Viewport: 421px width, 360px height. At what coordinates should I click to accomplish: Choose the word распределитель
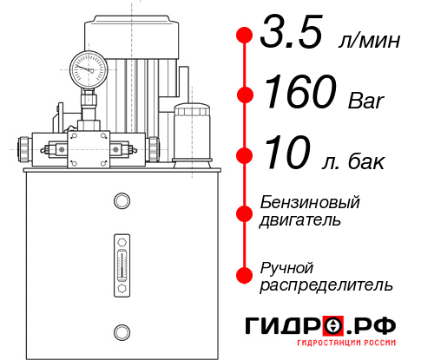tap(327, 285)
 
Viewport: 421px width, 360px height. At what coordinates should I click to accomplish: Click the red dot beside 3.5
tap(245, 36)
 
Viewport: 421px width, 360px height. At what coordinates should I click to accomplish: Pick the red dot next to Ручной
tap(245, 274)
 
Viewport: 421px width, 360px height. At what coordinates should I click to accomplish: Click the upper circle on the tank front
tap(121, 202)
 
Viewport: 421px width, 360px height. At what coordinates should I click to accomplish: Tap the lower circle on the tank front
tap(121, 331)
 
